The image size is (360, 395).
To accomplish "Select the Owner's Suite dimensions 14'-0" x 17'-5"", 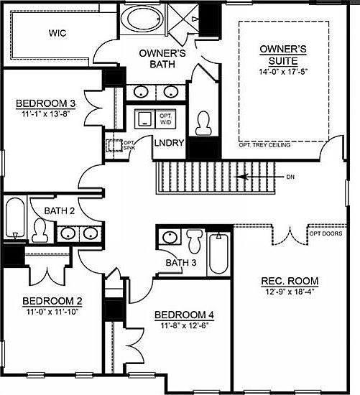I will point(283,73).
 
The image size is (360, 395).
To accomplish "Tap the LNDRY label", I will point(170,143).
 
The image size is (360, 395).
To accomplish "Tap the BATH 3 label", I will point(180,263).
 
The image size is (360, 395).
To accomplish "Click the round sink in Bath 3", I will point(171,237).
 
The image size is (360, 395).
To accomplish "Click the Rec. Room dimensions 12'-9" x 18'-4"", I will point(291,292).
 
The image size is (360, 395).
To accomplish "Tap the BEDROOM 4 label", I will point(184,316).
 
